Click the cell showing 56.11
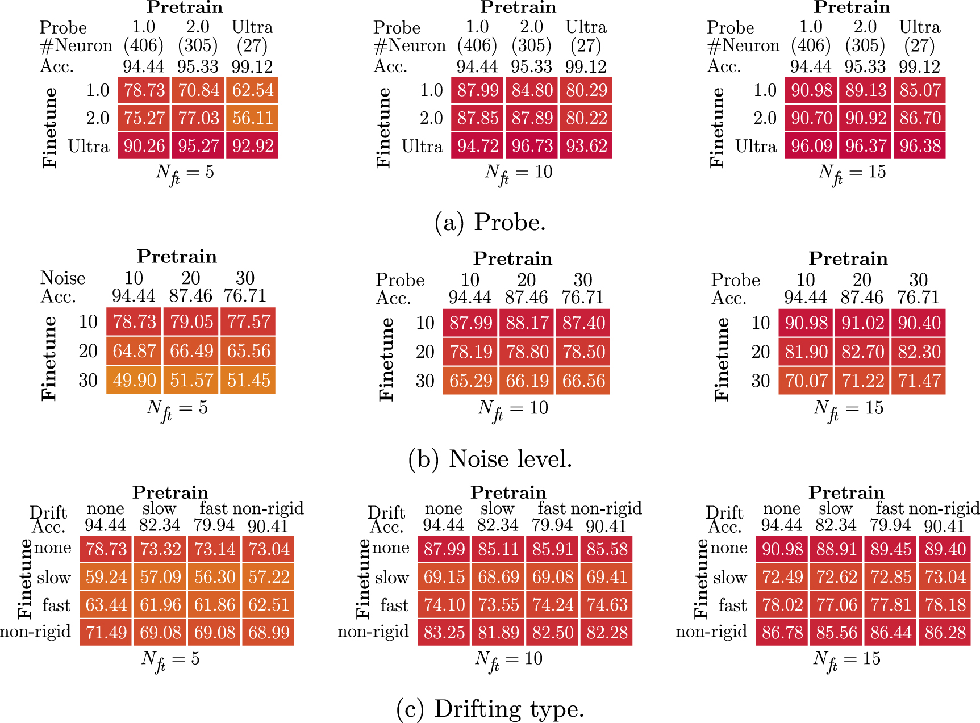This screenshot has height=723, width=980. (253, 118)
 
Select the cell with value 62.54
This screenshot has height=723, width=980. (253, 90)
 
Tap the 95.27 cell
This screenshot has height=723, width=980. (198, 146)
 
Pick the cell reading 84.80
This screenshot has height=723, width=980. (532, 90)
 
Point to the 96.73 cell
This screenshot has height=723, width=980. (532, 146)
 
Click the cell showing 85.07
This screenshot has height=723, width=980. (920, 90)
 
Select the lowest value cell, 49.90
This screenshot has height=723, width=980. (134, 380)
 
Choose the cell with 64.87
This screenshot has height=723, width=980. (134, 351)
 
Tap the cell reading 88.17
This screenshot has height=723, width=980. (527, 323)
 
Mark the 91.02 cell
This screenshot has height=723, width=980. (862, 323)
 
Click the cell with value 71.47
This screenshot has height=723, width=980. (919, 381)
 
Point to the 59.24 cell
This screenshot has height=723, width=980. (106, 577)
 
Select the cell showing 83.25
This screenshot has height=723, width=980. (444, 633)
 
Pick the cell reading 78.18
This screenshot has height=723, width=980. (945, 605)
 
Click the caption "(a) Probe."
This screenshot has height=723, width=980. (490, 222)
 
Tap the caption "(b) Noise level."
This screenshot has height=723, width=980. (490, 459)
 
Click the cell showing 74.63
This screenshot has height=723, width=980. (607, 605)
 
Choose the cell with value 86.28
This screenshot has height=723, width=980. (945, 633)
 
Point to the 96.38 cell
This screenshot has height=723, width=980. (920, 146)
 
